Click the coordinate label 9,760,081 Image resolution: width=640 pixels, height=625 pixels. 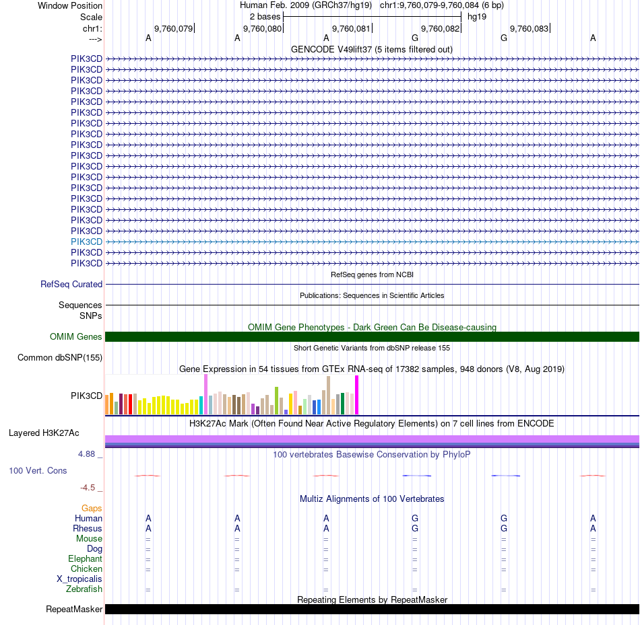(x=351, y=28)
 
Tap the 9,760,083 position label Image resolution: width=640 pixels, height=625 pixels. (x=529, y=28)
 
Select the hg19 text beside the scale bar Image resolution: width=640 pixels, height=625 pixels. (x=477, y=16)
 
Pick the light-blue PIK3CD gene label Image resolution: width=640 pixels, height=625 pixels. (x=86, y=242)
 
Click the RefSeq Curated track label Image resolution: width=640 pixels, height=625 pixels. (x=71, y=285)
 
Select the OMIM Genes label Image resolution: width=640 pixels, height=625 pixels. (x=76, y=337)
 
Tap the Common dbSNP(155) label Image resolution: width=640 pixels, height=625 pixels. (x=60, y=358)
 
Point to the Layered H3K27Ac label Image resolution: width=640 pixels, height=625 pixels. (x=44, y=433)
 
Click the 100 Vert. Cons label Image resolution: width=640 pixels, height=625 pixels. (x=38, y=471)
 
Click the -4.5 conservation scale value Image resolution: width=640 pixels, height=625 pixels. (x=88, y=488)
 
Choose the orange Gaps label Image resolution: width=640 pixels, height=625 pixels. (x=92, y=509)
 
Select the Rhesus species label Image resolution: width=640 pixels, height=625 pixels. (x=88, y=529)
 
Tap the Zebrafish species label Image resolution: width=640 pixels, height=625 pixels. (x=84, y=589)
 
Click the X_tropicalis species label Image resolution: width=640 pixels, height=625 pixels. (x=79, y=579)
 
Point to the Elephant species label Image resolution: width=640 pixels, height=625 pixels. (x=85, y=559)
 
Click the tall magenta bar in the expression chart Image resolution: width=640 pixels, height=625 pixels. (x=357, y=395)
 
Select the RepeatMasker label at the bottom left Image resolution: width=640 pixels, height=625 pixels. (x=74, y=610)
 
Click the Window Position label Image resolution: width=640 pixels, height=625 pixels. (x=70, y=5)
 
